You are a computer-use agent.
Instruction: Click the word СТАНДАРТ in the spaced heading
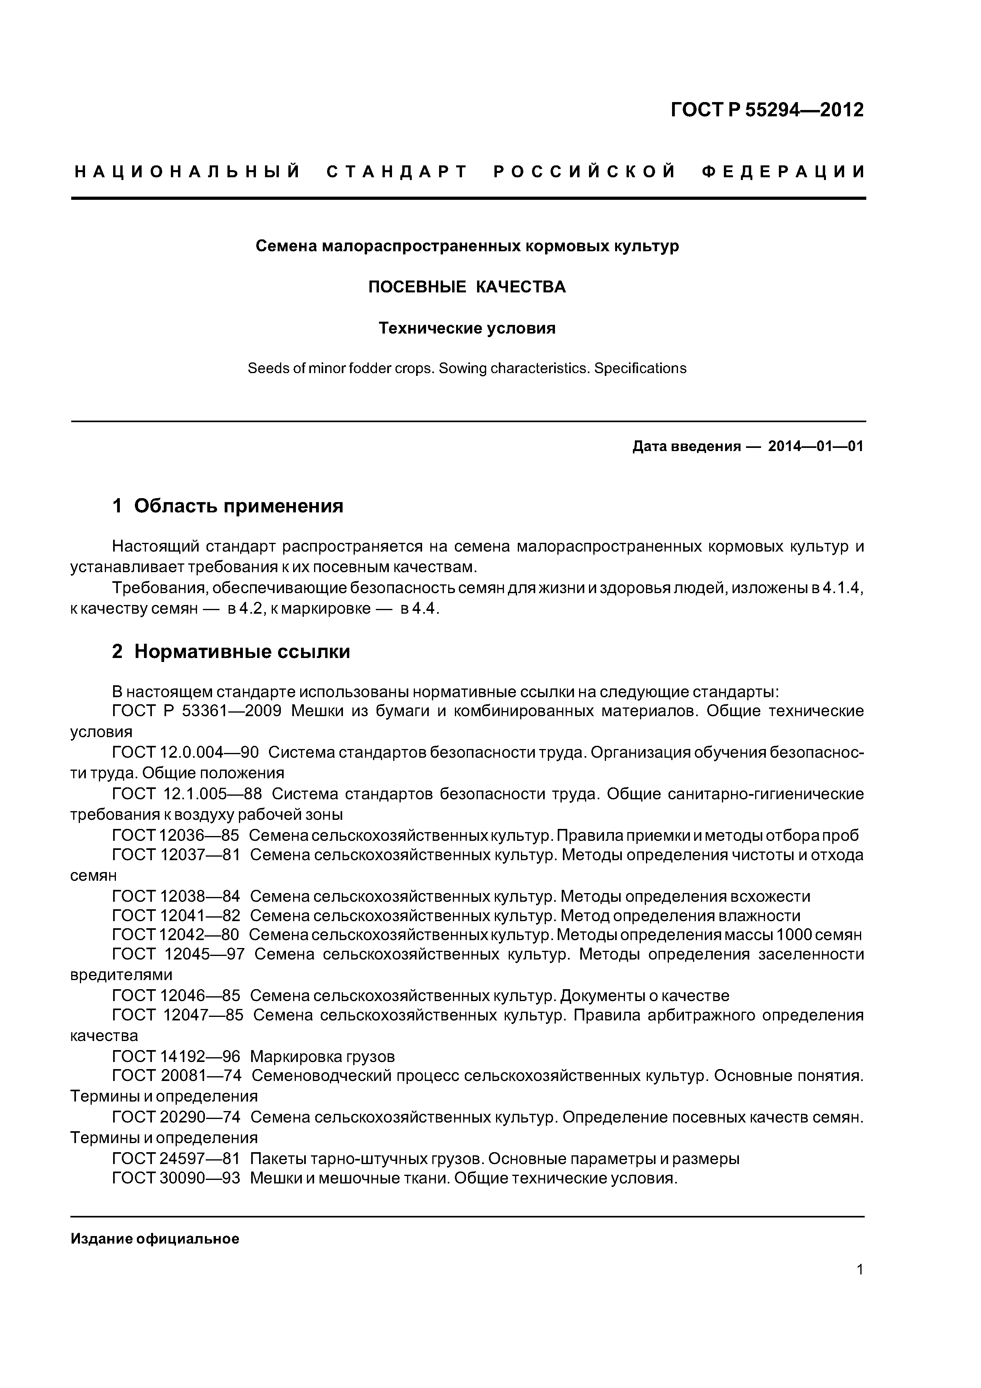pyautogui.click(x=397, y=172)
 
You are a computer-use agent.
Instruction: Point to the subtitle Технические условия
pyautogui.click(x=467, y=328)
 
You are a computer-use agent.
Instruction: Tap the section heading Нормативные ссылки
pyautogui.click(x=242, y=652)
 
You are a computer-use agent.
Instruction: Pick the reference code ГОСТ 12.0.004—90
pyautogui.click(x=186, y=753)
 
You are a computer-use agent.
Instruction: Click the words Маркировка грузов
pyautogui.click(x=322, y=1057)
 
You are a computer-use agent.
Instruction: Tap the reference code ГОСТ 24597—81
pyautogui.click(x=176, y=1159)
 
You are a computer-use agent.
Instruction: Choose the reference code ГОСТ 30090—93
pyautogui.click(x=176, y=1179)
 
